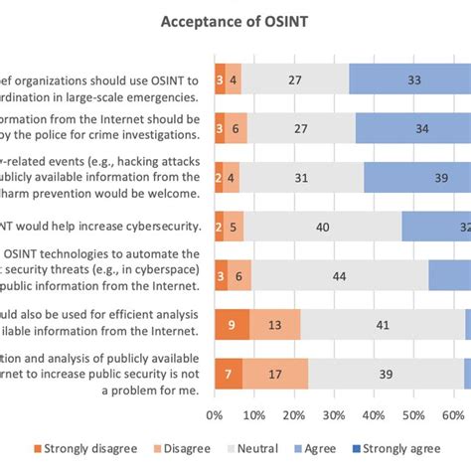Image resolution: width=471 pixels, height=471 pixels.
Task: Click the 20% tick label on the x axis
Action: (x=294, y=417)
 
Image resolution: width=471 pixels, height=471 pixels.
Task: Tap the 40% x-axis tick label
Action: (x=376, y=417)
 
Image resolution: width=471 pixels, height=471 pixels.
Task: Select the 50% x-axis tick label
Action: (x=415, y=417)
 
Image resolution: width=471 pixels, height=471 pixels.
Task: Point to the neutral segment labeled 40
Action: (x=323, y=227)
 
